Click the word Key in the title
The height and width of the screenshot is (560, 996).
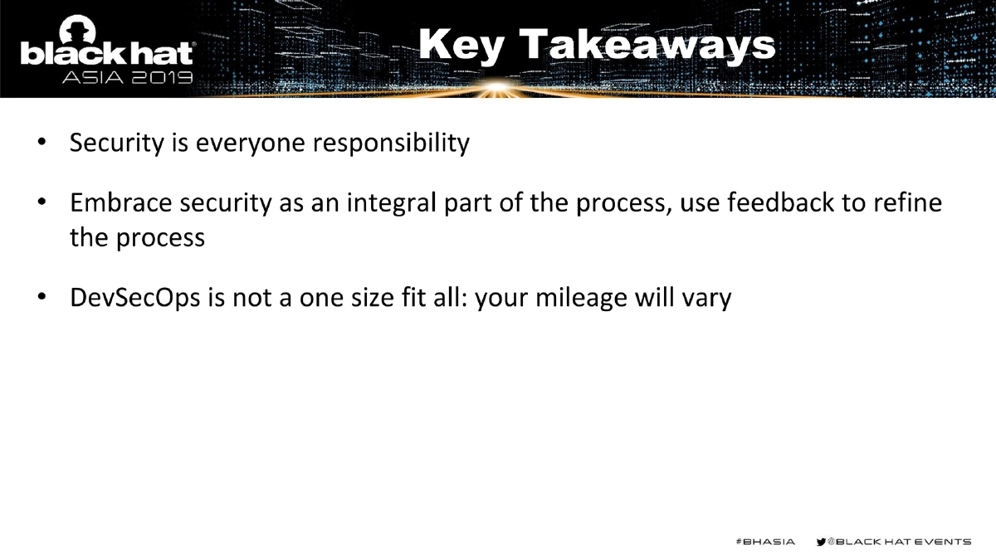click(461, 46)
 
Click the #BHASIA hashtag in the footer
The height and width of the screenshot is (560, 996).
click(765, 542)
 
